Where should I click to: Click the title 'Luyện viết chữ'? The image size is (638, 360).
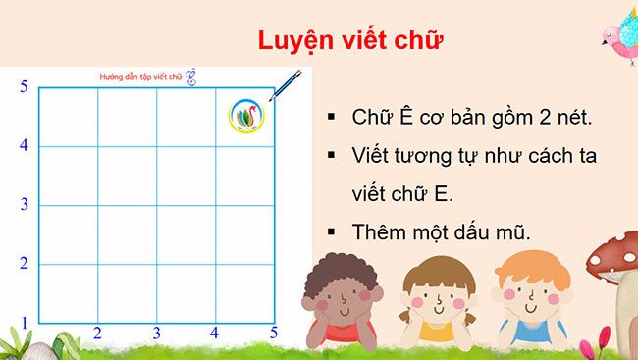pos(350,41)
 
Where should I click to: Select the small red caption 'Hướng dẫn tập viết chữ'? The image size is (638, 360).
pos(142,76)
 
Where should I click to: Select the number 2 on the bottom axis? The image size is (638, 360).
pos(97,334)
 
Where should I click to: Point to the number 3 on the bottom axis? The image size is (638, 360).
pos(156,334)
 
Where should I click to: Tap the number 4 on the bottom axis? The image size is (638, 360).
pos(215,334)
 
